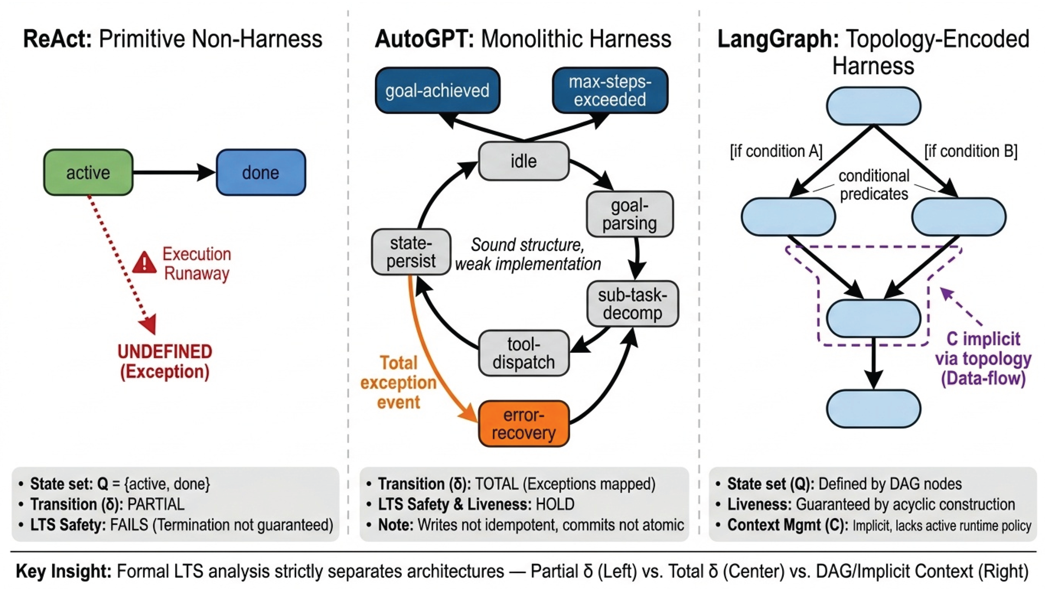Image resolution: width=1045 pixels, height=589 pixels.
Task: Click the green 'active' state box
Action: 88,172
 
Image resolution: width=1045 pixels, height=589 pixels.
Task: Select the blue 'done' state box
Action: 260,172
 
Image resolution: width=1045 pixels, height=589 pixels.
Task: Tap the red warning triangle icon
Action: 144,262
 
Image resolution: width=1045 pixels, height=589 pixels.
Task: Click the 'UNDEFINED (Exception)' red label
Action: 165,361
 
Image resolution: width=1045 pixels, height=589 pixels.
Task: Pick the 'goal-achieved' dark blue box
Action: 437,90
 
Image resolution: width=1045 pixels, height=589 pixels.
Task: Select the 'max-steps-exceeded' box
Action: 610,90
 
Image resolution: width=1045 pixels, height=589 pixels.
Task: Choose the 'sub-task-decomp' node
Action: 632,303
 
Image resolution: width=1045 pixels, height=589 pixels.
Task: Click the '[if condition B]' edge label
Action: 970,151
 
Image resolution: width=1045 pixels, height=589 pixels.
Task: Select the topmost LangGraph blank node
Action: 873,106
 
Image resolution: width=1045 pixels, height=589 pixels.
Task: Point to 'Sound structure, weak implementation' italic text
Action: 527,254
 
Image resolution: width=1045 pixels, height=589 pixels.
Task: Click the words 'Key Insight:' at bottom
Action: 63,571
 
